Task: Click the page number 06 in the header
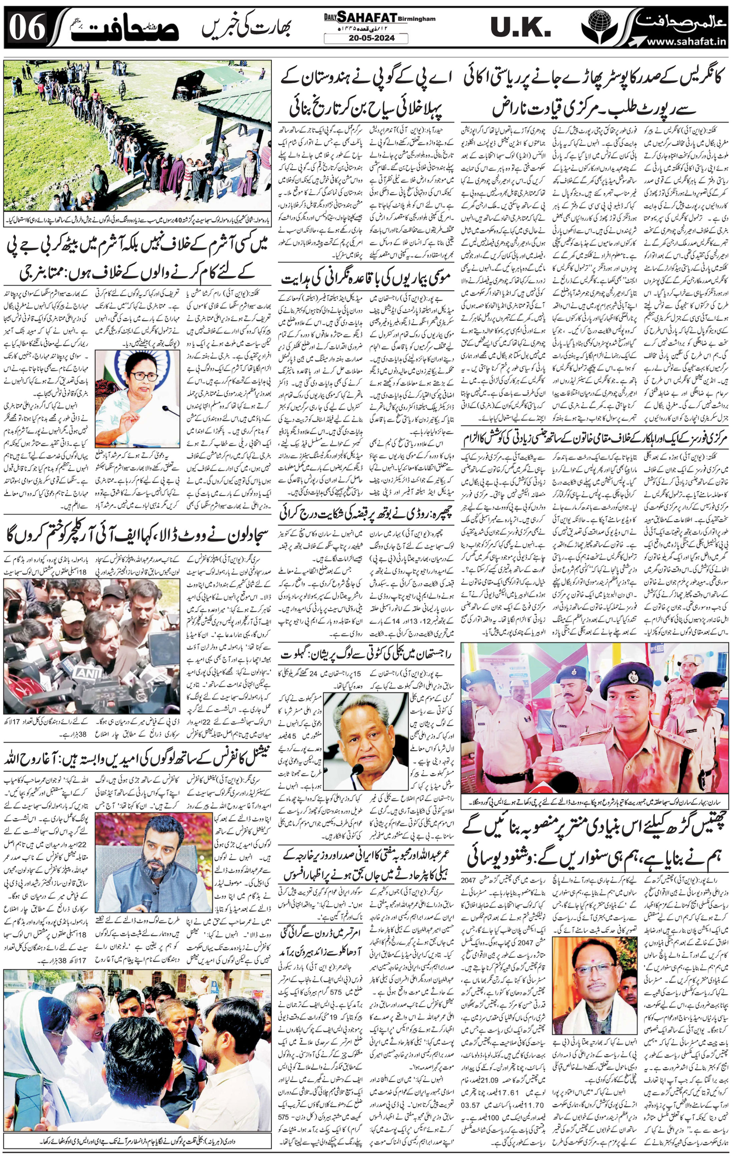click(x=28, y=28)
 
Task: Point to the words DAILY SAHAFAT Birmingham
click(x=379, y=18)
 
